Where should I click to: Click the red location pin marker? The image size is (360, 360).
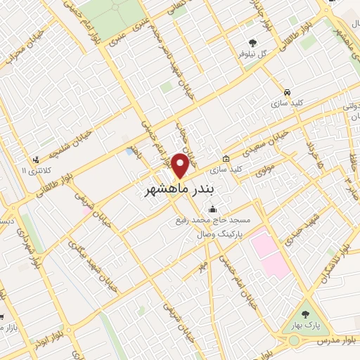[x=180, y=166]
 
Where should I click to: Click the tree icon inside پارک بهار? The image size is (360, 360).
[x=304, y=314]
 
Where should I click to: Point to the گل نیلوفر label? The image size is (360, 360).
[x=252, y=53]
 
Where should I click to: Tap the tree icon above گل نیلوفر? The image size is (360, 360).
[x=252, y=41]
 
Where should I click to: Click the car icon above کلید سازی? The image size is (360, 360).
[x=287, y=92]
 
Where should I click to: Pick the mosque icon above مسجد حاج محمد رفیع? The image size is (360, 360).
[x=214, y=209]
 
